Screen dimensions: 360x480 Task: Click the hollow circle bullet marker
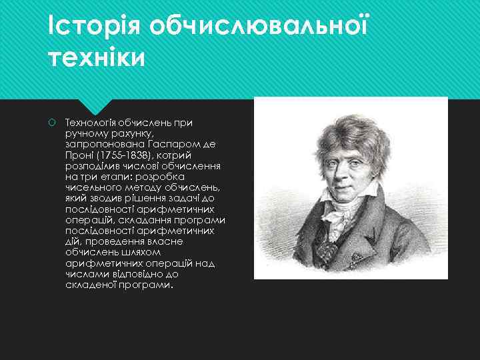pos(52,123)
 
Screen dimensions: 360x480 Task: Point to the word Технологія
pos(90,123)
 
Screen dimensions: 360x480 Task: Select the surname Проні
pos(77,155)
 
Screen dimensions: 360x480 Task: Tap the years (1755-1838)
pos(124,155)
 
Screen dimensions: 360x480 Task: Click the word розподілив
pos(91,166)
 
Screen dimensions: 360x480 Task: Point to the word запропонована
pos(101,145)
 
